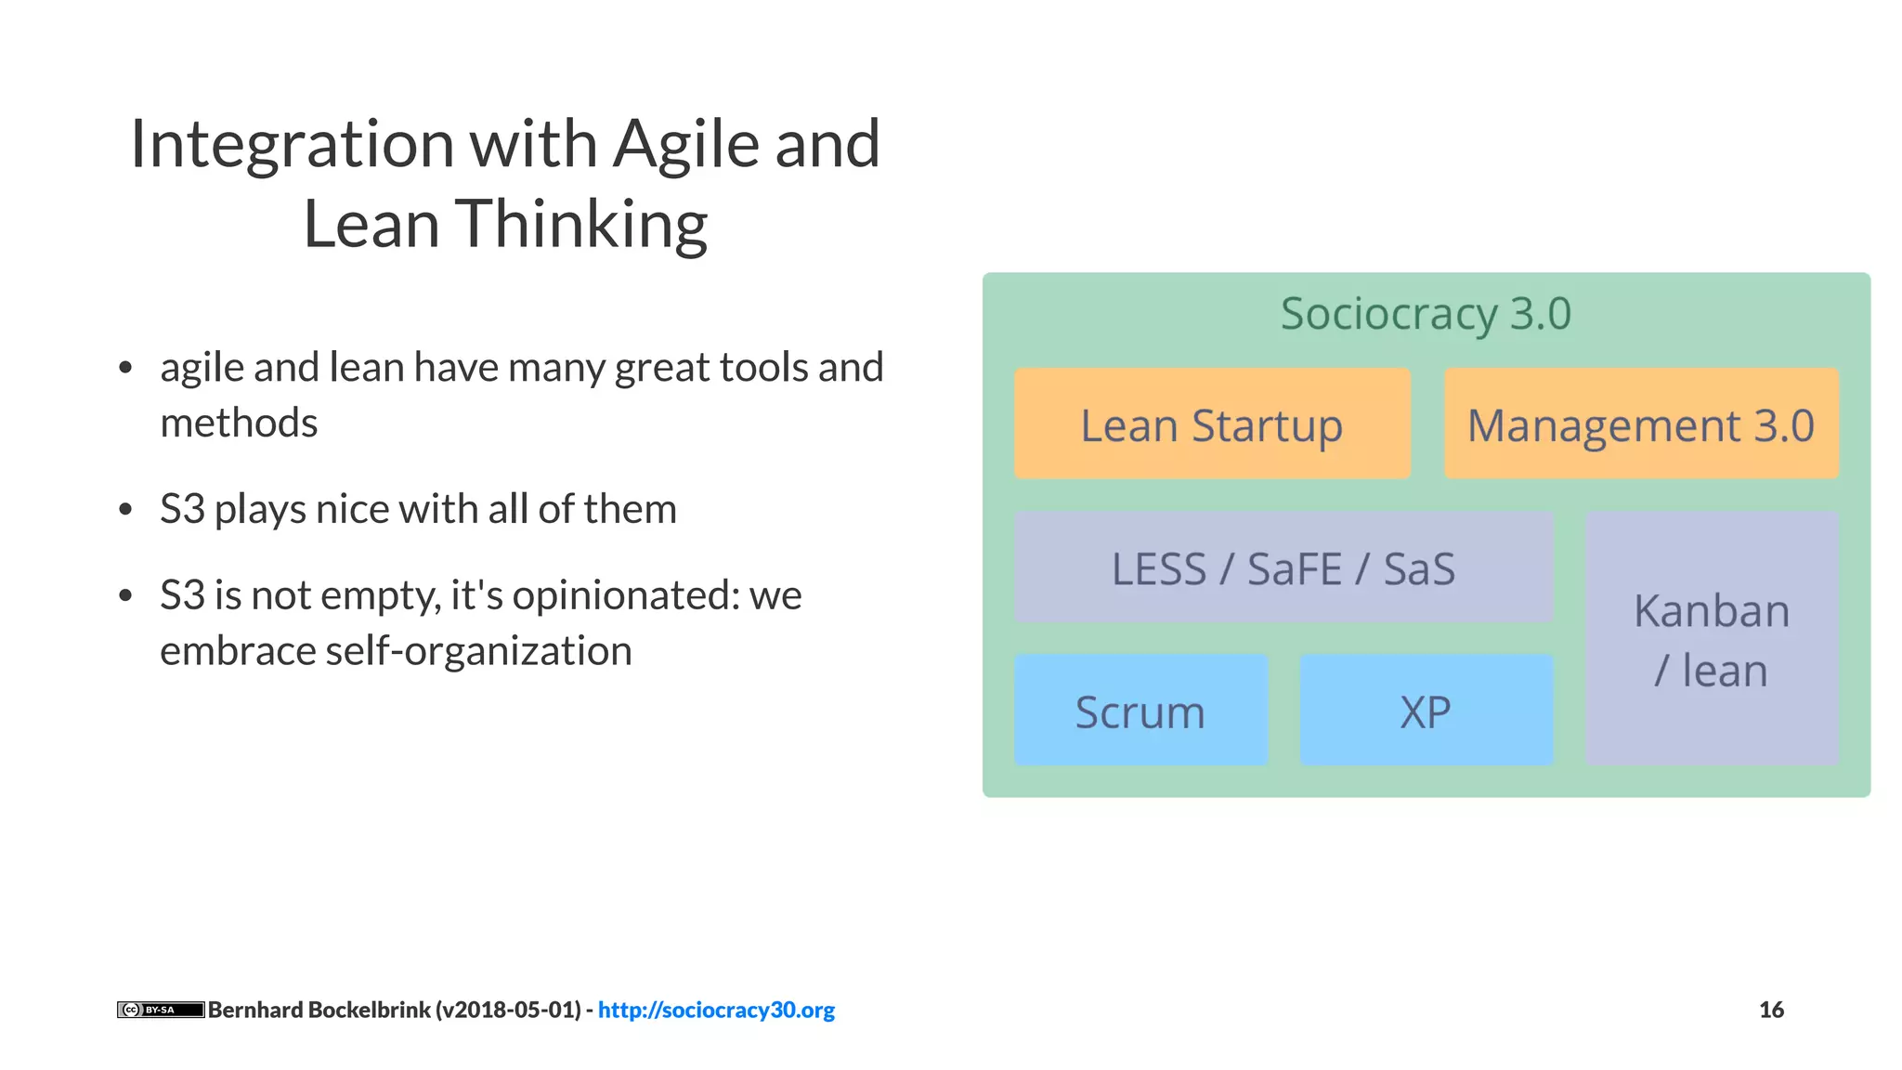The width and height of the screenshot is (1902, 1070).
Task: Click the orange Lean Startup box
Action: click(1212, 424)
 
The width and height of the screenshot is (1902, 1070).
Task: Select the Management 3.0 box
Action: click(1641, 424)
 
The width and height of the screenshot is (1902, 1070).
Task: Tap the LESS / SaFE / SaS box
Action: click(1283, 568)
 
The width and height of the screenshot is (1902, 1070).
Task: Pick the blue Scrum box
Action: click(1140, 711)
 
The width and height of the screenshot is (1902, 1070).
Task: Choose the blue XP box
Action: click(1426, 711)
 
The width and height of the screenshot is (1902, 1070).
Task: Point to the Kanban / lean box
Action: click(1712, 639)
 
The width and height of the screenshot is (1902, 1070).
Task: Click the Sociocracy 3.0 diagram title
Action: click(1426, 314)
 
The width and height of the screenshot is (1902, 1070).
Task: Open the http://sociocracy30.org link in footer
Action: click(716, 1010)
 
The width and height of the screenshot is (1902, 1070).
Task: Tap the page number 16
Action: click(1771, 1010)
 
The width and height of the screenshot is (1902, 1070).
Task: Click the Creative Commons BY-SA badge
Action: click(160, 1010)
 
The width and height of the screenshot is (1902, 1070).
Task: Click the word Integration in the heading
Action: click(292, 145)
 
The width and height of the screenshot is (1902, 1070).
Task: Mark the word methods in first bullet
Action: click(239, 424)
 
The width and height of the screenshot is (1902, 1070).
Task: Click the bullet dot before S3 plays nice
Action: click(126, 510)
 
